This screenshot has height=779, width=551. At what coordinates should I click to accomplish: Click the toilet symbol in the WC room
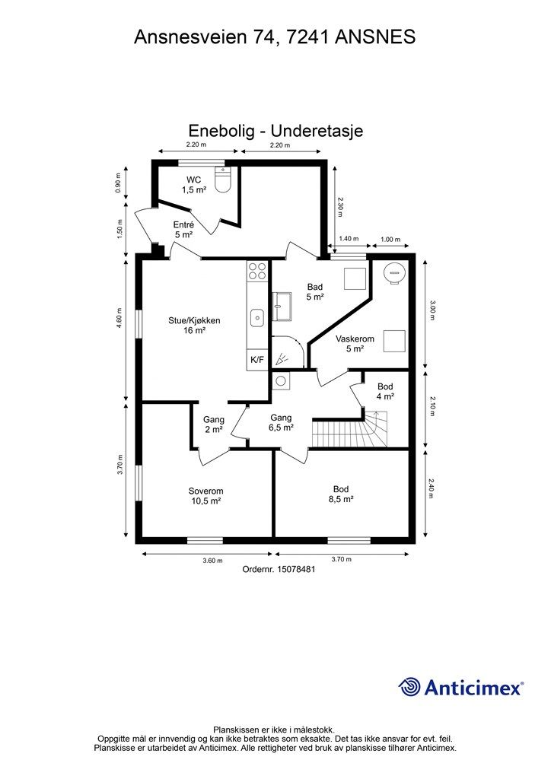tap(223, 182)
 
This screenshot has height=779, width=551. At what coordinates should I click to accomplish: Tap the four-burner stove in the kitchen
tap(257, 271)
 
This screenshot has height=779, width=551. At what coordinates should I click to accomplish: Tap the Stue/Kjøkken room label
tap(194, 326)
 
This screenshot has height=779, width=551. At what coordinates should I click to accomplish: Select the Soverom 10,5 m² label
tap(205, 496)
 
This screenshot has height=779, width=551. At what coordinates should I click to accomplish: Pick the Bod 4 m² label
tap(385, 391)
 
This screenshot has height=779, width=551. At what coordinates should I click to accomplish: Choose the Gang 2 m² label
tap(213, 424)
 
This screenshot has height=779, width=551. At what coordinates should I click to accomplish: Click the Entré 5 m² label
tap(183, 230)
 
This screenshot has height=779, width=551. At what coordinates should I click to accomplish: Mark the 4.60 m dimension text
tap(119, 317)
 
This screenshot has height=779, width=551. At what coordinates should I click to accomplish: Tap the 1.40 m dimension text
tap(349, 240)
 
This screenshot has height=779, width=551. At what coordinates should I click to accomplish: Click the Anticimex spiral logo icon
tap(410, 687)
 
